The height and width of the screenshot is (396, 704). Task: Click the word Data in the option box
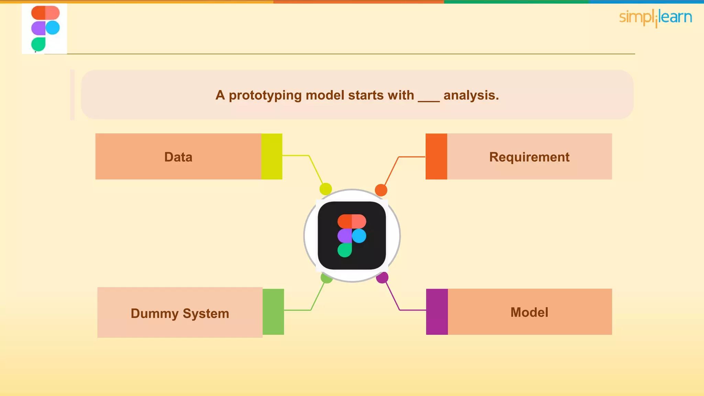(178, 157)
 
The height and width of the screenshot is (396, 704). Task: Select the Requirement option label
(529, 157)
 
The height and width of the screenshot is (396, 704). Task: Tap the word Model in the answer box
(529, 312)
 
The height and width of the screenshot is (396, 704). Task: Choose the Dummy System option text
(180, 313)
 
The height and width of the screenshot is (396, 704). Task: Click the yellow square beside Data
(272, 156)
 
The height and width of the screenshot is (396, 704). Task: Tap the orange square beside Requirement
(436, 156)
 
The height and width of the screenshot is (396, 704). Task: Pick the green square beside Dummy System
(273, 312)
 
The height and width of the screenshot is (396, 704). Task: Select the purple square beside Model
(437, 312)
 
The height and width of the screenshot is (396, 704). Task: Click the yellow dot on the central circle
(326, 189)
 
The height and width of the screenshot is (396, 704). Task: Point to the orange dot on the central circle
(381, 190)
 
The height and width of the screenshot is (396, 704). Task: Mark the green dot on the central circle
(326, 278)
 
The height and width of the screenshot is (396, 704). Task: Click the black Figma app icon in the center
(352, 235)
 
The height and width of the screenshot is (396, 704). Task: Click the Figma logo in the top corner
(45, 29)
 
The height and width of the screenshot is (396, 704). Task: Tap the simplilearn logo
(655, 18)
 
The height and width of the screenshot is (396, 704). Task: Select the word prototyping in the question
(265, 95)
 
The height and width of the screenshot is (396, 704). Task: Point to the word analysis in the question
(471, 95)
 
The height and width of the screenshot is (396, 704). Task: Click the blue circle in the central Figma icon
(359, 236)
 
